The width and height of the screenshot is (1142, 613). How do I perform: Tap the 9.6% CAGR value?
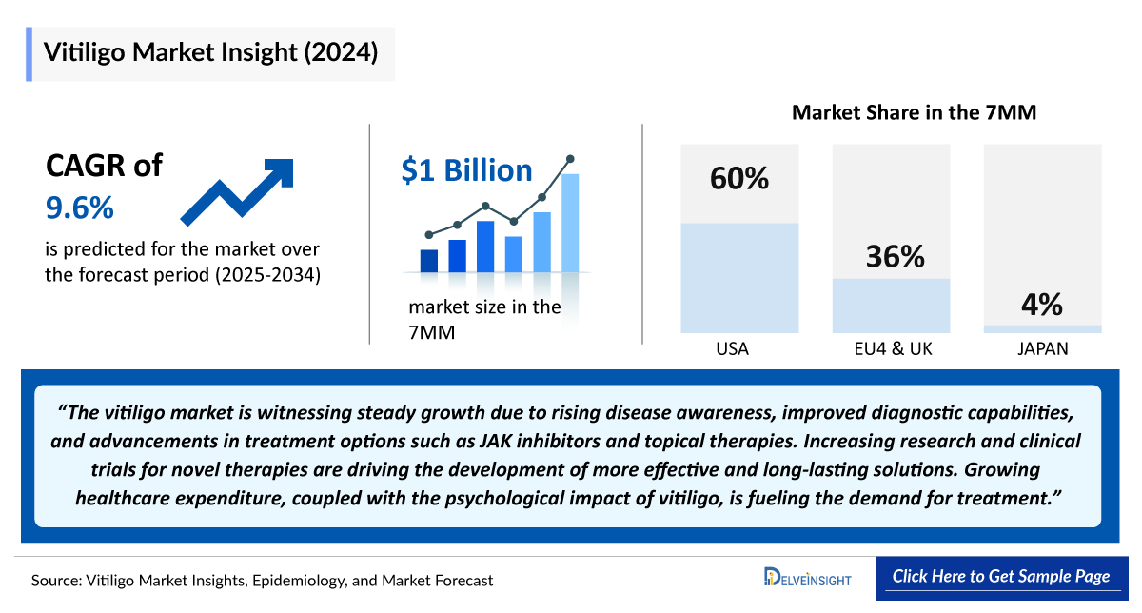80,206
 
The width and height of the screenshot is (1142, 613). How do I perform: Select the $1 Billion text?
466,170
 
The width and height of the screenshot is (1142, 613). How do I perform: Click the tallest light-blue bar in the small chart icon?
570,223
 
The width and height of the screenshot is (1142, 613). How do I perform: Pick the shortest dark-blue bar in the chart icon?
429,261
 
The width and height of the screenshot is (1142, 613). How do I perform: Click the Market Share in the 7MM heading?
914,112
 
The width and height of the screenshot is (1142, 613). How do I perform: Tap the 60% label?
739,178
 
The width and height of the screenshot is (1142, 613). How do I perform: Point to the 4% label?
1042,305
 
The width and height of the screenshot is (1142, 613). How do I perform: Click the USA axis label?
732,349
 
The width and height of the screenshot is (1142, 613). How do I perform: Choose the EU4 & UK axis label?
893,349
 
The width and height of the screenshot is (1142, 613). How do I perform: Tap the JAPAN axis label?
1042,349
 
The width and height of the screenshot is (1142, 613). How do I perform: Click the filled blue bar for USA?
739,277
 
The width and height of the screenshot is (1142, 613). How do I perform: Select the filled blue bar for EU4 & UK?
891,306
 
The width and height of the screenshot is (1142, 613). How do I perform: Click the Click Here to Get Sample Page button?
1000,577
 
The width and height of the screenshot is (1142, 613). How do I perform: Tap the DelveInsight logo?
808,577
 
